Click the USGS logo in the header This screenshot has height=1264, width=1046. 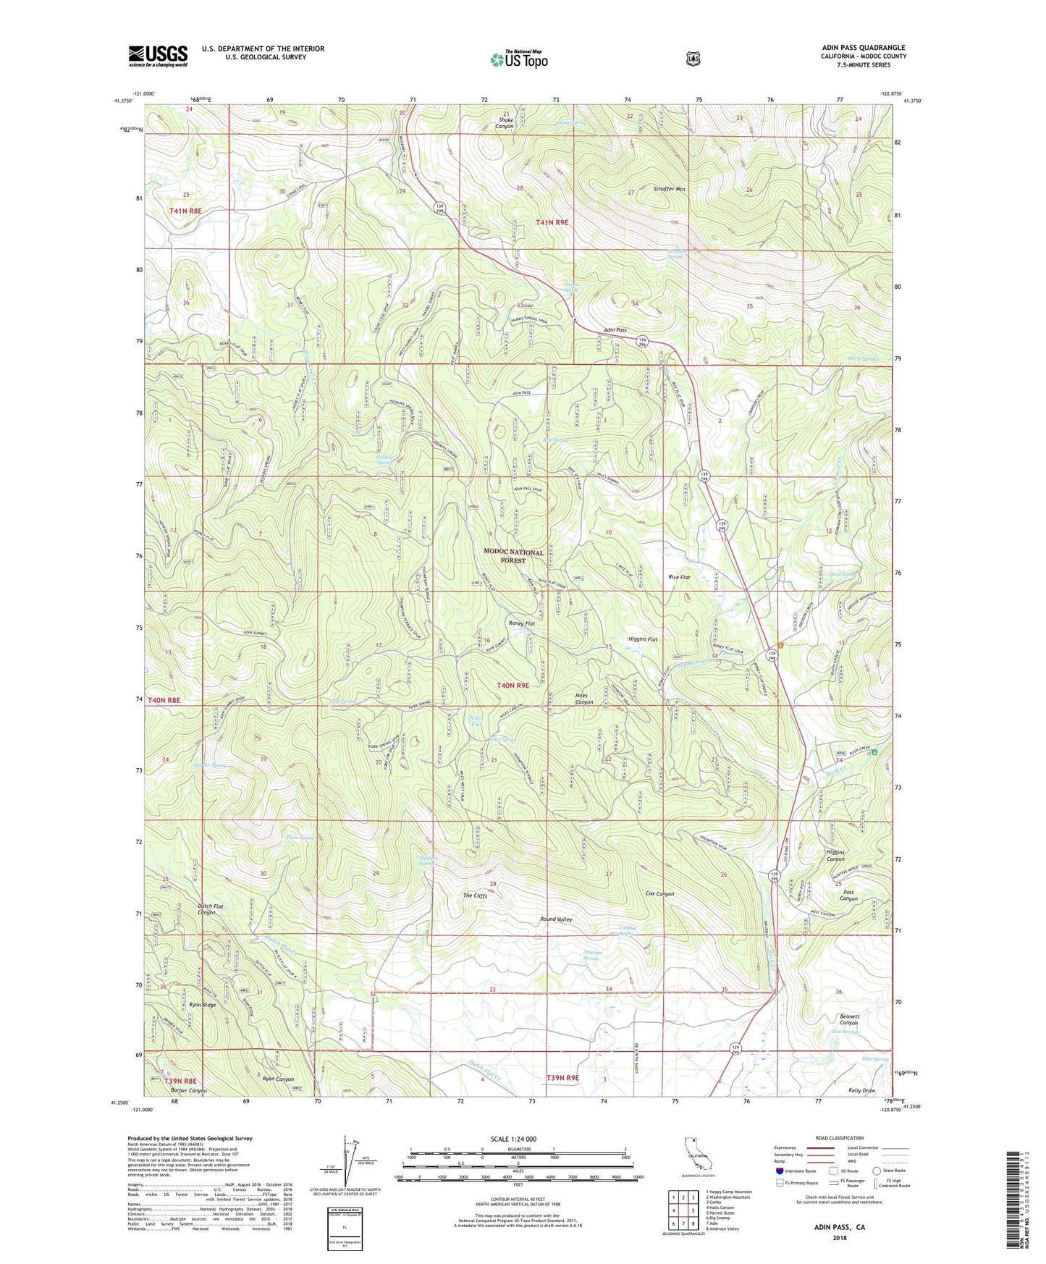pos(158,56)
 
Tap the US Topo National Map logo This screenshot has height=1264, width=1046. pos(519,59)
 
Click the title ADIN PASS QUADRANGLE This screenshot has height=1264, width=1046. pos(863,48)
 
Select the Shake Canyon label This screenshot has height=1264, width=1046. pos(504,123)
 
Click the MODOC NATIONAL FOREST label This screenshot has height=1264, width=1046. pos(513,556)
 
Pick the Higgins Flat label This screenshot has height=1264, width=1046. pos(642,639)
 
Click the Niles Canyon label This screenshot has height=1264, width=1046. pos(583,699)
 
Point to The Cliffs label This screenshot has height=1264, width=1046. pos(475,896)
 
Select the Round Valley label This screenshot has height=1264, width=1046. pos(556,919)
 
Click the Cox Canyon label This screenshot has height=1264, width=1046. pos(659,893)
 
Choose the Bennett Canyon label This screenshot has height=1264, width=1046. pos(848,1019)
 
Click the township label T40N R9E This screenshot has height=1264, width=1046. pos(513,685)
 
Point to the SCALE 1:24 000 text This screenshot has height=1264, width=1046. pos(513,1139)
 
